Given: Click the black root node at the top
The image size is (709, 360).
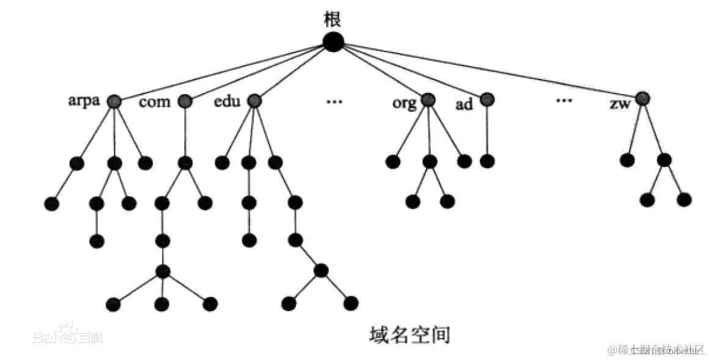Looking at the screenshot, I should (x=333, y=42).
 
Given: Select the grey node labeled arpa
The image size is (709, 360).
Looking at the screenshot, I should (x=113, y=101).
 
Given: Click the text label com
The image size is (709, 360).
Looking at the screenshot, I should (x=155, y=102).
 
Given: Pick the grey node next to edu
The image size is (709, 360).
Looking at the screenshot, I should (x=254, y=101).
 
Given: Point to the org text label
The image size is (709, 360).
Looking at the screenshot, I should (x=404, y=102).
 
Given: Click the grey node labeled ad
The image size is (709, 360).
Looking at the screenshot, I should (x=487, y=99).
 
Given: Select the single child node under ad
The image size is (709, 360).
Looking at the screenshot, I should (x=487, y=161).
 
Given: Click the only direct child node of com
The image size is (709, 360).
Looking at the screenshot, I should (x=185, y=163).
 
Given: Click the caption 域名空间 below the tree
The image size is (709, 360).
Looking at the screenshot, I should (x=410, y=334).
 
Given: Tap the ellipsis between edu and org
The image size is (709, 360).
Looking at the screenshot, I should (x=334, y=101).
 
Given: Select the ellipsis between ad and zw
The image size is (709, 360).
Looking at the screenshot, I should (x=564, y=101).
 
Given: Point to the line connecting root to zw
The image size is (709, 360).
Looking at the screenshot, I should (x=489, y=70).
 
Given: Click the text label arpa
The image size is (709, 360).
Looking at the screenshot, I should (x=84, y=101).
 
